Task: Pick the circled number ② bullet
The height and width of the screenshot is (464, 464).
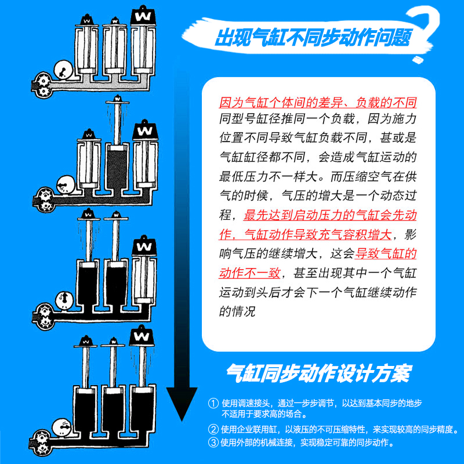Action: pyautogui.click(x=213, y=430)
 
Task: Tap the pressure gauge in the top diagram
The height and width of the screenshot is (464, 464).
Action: pyautogui.click(x=61, y=71)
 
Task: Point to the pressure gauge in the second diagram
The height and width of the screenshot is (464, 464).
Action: pyautogui.click(x=62, y=185)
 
